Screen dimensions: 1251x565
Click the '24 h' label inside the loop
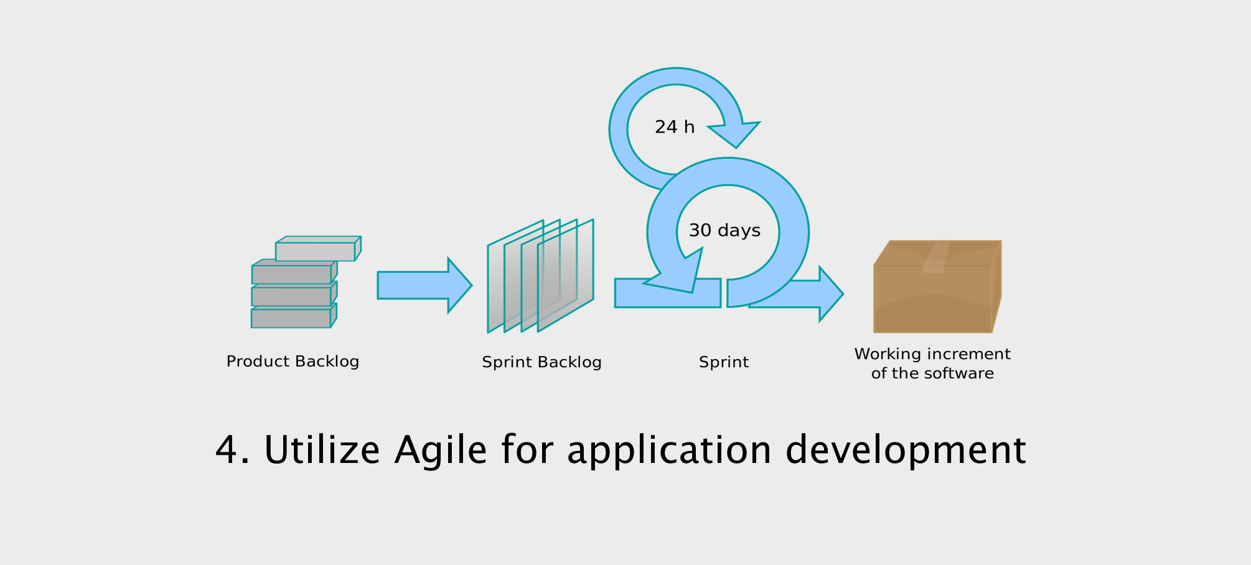[x=675, y=127]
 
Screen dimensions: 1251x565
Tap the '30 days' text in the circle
[x=724, y=230]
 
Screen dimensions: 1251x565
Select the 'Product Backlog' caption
[x=293, y=362]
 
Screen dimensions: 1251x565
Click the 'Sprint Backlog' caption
[x=541, y=362]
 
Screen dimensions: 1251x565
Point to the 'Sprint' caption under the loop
[x=724, y=362]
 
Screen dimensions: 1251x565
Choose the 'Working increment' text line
[x=932, y=354]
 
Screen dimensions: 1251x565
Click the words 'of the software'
[x=932, y=373]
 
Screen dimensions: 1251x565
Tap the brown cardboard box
[x=937, y=286]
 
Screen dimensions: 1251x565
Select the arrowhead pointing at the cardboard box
[x=831, y=294]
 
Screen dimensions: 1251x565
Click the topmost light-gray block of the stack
[x=318, y=248]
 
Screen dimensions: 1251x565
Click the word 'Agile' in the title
[x=441, y=451]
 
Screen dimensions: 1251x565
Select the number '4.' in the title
[x=233, y=450]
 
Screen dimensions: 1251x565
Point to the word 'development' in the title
[x=906, y=449]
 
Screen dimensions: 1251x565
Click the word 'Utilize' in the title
[x=322, y=449]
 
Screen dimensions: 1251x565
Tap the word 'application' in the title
[x=670, y=451]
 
